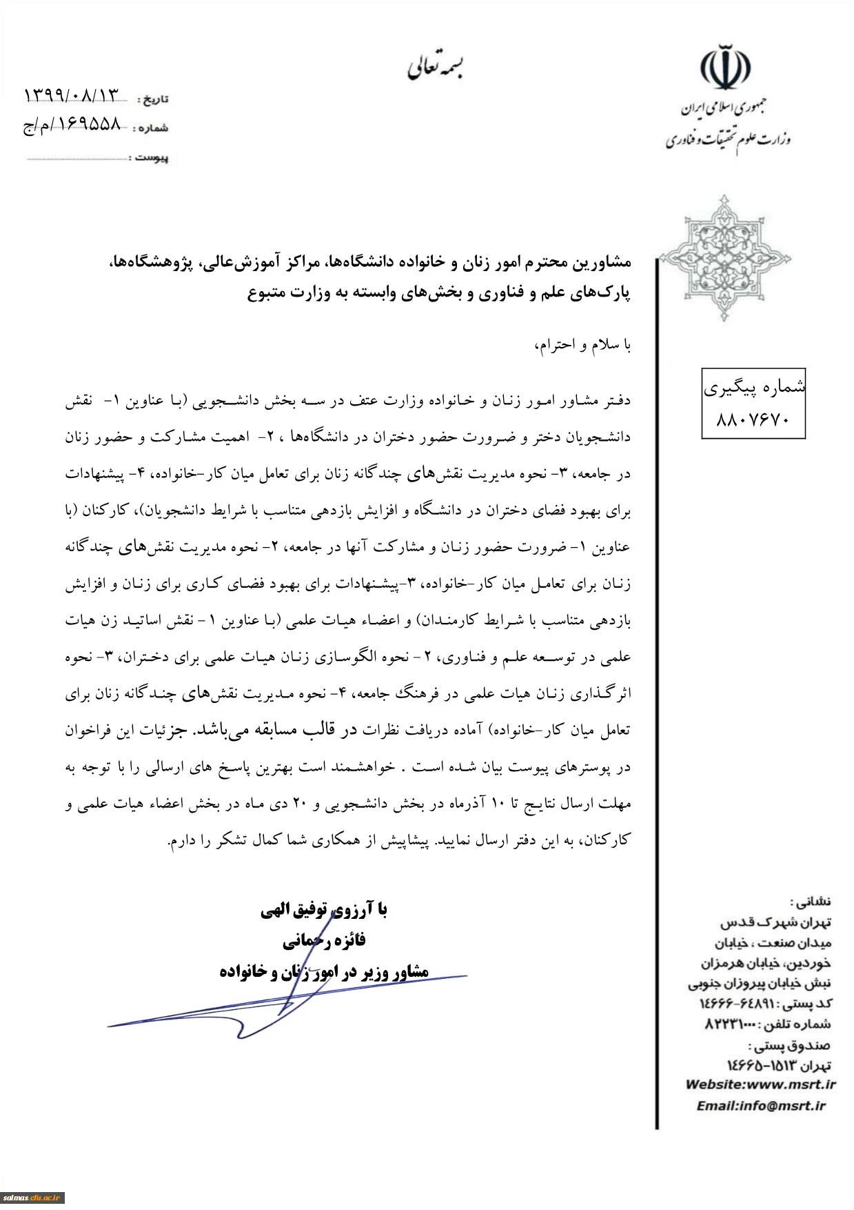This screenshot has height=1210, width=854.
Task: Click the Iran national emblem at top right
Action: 725,68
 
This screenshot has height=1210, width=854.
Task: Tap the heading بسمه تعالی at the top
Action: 435,66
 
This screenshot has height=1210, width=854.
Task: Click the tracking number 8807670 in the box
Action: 753,419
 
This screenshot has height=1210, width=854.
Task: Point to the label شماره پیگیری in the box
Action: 754,388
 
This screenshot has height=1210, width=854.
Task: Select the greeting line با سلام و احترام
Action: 582,344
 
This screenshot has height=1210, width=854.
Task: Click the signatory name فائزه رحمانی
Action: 324,940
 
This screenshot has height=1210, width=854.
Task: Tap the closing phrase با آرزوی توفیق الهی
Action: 324,910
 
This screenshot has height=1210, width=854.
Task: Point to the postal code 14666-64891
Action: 734,1004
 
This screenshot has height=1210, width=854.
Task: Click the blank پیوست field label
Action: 148,158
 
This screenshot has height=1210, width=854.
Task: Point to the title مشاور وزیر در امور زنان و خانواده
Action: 324,971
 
